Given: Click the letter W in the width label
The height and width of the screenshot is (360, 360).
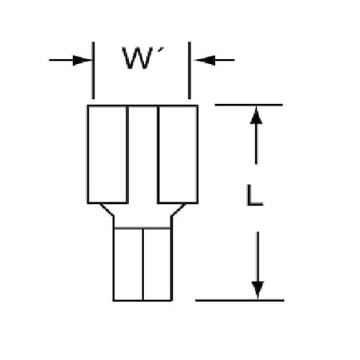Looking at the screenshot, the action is [138, 58].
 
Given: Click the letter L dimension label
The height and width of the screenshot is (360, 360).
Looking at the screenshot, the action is [254, 195].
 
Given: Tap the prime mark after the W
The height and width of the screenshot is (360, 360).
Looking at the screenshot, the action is [161, 50].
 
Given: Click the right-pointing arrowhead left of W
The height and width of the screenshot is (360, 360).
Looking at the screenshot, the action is [82, 60].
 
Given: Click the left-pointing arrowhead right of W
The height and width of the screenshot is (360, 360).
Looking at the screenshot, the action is [205, 60].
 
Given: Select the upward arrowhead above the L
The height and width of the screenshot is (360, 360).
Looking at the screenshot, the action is [256, 115].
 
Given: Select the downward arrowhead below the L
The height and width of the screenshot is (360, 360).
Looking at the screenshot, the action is [258, 290].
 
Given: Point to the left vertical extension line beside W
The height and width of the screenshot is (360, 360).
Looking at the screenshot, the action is [93, 70].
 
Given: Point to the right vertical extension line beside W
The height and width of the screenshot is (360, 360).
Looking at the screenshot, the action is [190, 70].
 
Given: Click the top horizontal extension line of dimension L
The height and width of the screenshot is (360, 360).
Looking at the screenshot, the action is [249, 105].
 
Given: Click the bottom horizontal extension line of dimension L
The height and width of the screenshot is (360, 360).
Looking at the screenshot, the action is [239, 300].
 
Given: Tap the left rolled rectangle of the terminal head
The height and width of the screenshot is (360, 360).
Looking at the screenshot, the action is [108, 154].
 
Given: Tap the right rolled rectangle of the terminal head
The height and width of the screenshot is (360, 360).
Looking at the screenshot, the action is [178, 154].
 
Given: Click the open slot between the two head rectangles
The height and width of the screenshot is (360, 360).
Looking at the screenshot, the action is [142, 154].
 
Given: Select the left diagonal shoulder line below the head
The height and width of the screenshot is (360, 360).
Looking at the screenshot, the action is [107, 210].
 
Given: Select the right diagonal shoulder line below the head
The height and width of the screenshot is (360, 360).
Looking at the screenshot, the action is [178, 210].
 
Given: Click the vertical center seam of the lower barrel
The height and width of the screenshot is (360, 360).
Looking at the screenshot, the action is [143, 264].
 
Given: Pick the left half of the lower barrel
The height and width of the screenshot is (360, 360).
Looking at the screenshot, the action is [128, 264].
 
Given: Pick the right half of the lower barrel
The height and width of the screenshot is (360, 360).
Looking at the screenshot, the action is [158, 264].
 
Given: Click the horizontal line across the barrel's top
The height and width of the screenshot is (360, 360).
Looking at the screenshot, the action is [142, 228].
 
